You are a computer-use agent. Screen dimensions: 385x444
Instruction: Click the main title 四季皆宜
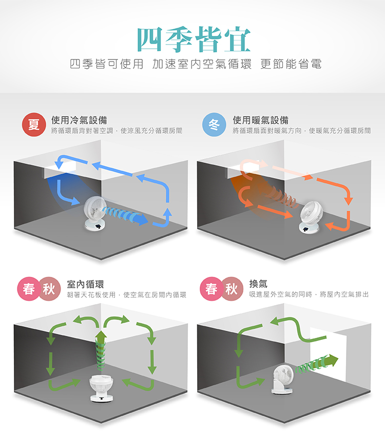click(194, 39)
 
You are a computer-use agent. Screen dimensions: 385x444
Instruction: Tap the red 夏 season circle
click(34, 125)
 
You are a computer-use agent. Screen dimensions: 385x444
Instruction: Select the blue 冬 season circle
click(214, 125)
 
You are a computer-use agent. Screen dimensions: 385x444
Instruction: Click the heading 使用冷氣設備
click(79, 120)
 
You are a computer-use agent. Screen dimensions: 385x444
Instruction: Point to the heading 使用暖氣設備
click(261, 120)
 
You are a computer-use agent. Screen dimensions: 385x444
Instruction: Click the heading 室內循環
click(85, 284)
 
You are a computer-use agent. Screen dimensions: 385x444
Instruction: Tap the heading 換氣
click(258, 284)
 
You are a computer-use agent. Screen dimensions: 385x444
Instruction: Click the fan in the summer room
click(95, 213)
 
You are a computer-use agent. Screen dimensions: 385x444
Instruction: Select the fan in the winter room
click(311, 217)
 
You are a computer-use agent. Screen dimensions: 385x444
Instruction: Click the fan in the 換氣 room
click(283, 379)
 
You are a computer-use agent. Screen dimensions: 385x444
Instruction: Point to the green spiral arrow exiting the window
click(317, 364)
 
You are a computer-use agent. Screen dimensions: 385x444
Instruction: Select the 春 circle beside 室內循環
click(29, 289)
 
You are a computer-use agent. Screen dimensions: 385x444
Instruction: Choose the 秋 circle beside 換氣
click(232, 289)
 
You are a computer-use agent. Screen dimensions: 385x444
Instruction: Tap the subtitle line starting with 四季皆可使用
click(196, 64)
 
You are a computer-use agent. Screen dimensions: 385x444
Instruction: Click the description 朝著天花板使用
click(91, 295)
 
